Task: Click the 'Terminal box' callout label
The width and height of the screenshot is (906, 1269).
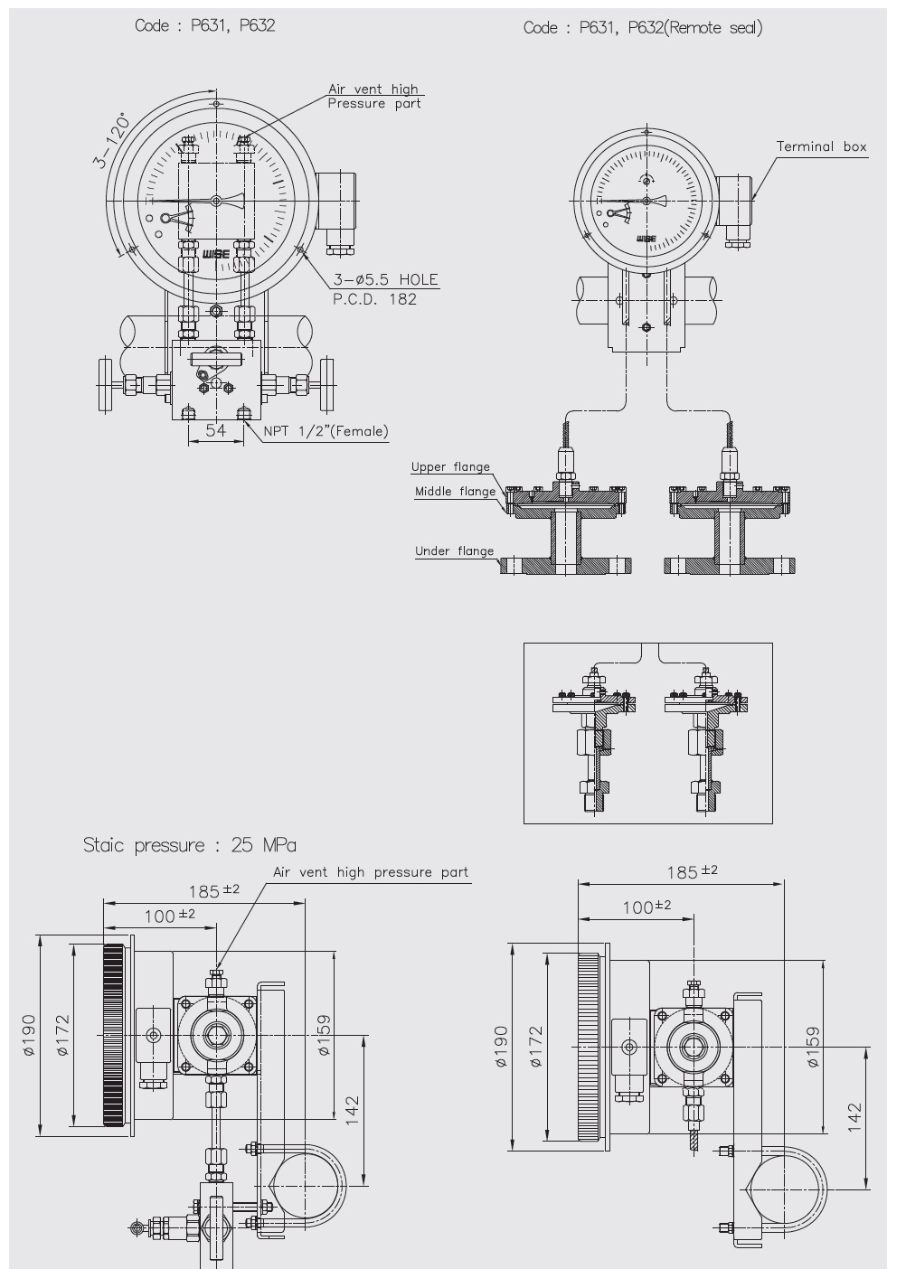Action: point(821,146)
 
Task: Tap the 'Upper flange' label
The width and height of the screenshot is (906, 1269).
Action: point(450,466)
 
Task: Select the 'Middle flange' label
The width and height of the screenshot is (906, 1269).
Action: point(455,491)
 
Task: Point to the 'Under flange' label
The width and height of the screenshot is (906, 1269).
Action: point(454,550)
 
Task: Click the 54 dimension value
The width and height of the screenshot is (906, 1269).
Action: point(215,430)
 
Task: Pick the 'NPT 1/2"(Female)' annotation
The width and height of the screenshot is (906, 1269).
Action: point(326,431)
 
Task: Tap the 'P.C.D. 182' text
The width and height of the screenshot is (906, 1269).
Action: point(374,299)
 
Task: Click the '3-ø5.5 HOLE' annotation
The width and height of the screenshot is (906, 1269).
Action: point(385,279)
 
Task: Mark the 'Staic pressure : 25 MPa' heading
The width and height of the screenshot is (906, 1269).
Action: point(189,845)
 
